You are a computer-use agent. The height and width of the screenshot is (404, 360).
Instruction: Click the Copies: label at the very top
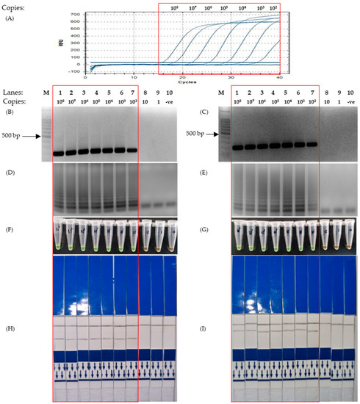tap(14, 7)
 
